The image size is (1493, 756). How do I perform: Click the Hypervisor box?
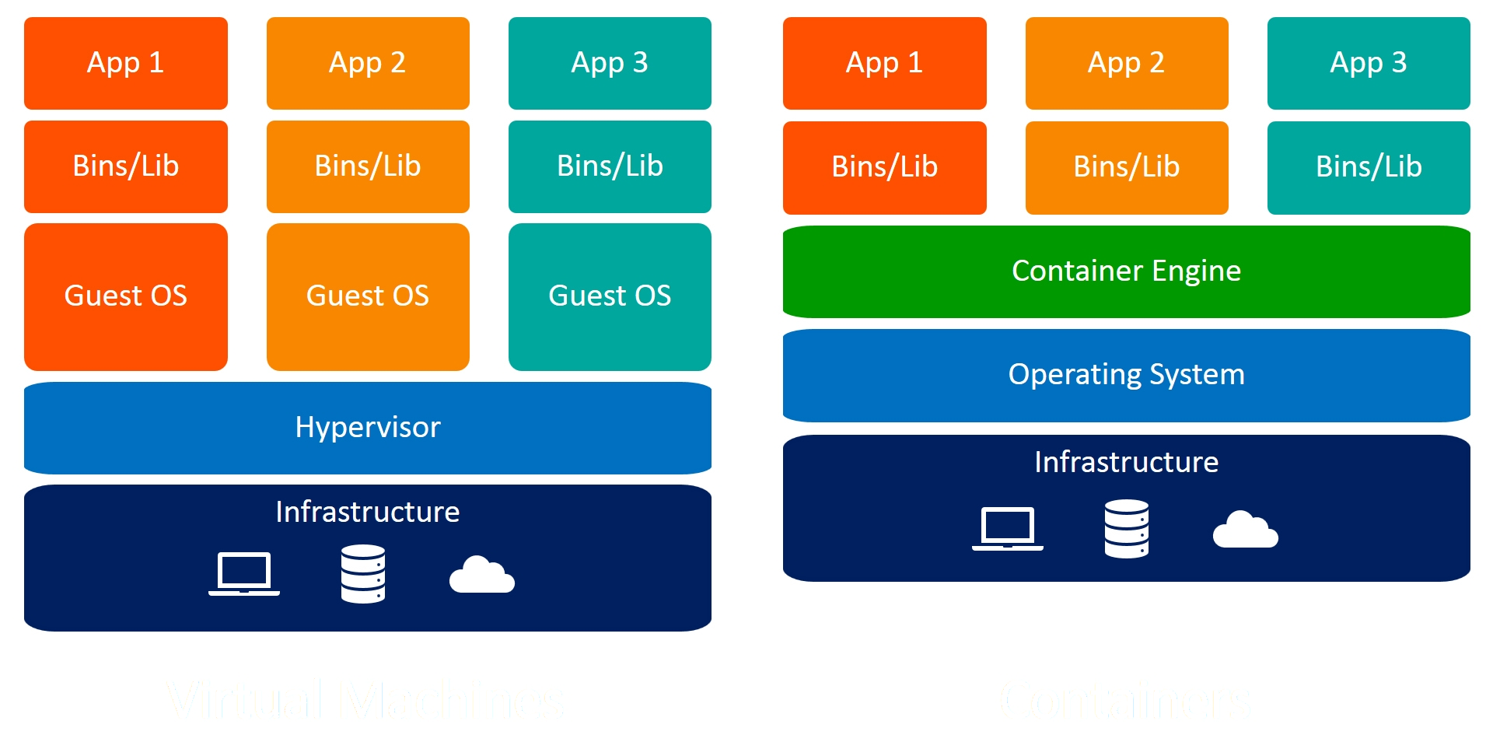click(x=368, y=428)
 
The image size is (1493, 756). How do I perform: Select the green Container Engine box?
click(x=1126, y=271)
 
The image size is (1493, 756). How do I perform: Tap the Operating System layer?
click(x=1126, y=375)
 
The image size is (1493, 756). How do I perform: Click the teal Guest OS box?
click(x=610, y=296)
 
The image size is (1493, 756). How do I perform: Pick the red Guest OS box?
click(x=126, y=296)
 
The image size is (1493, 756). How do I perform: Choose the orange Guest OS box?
click(x=368, y=296)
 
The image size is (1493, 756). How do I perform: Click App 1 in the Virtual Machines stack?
click(x=126, y=63)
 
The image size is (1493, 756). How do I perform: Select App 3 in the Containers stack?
click(x=1369, y=63)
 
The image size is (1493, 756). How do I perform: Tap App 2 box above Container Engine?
click(x=1126, y=63)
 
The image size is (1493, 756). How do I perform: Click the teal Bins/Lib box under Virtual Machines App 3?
click(x=610, y=166)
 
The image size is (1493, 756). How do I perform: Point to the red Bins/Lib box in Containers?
click(x=884, y=167)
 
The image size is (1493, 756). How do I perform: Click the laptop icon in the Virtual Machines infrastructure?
click(x=244, y=574)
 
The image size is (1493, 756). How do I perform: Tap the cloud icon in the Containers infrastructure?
click(x=1245, y=530)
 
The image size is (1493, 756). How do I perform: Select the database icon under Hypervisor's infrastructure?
click(x=363, y=574)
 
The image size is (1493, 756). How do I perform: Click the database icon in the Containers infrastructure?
click(x=1127, y=529)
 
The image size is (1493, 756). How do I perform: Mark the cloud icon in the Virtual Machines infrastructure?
click(x=482, y=576)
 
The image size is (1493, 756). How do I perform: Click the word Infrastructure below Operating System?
click(x=1126, y=463)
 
